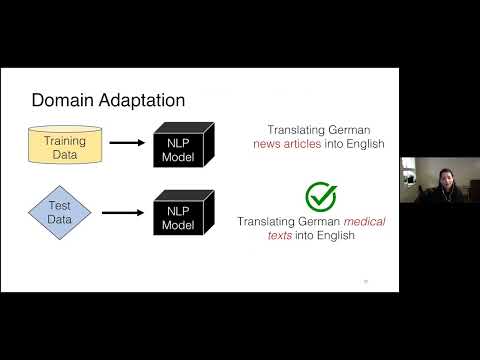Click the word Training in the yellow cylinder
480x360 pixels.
point(64,141)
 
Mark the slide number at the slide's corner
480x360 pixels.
point(365,281)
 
